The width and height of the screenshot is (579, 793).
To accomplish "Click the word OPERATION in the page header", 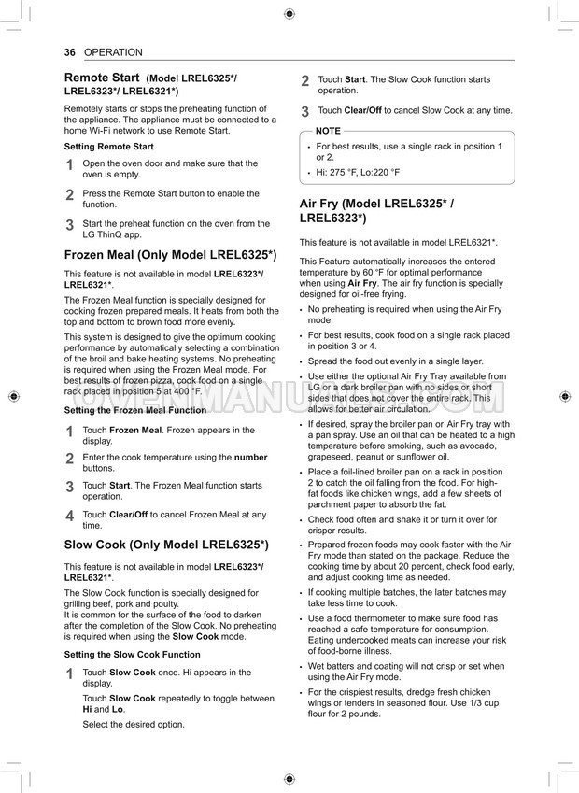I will (113, 52).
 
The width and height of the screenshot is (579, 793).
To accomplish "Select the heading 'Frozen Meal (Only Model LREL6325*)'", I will (170, 254).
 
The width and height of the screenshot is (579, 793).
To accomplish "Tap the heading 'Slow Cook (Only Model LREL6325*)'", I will (166, 544).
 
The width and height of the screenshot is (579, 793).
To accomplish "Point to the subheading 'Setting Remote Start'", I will (109, 147).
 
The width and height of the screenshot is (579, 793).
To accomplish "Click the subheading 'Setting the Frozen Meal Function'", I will (135, 410).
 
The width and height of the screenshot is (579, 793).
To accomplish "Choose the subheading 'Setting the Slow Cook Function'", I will (132, 655).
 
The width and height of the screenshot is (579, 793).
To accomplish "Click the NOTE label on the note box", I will (328, 131).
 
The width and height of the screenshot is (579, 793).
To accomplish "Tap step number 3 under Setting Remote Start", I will (69, 225).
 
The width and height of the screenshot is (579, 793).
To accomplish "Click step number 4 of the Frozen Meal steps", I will (69, 516).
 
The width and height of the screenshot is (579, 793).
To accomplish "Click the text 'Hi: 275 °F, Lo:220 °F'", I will (358, 173).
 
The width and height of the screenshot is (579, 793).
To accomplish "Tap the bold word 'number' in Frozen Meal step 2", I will (250, 458).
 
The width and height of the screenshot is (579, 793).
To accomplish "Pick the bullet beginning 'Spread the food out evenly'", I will (395, 361).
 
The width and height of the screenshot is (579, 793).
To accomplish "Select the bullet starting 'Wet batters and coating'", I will (405, 666).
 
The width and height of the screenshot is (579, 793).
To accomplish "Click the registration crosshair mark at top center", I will (289, 14).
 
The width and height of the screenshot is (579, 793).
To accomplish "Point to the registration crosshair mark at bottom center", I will (289, 779).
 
